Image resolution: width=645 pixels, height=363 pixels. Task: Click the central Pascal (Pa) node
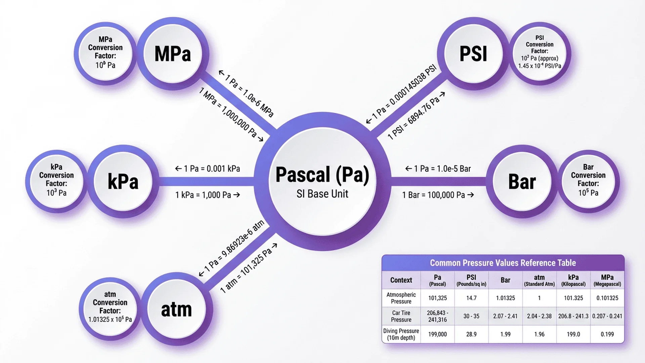(x=322, y=175)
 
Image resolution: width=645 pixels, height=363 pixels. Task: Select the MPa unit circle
(x=173, y=54)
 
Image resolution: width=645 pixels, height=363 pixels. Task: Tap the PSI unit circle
(x=473, y=54)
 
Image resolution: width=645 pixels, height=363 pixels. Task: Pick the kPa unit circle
(x=123, y=182)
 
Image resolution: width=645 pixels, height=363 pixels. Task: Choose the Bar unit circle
(x=522, y=182)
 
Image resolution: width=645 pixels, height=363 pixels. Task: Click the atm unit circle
(x=176, y=310)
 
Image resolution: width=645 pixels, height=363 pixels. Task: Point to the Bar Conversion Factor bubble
(x=588, y=180)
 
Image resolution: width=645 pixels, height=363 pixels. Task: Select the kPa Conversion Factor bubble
(x=56, y=180)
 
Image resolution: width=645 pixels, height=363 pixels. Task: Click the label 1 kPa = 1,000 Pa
(x=207, y=195)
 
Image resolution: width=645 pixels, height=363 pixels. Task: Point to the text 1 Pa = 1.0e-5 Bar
(x=438, y=169)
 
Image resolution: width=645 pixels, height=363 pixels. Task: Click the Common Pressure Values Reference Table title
(x=503, y=263)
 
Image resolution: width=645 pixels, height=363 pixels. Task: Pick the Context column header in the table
(x=401, y=280)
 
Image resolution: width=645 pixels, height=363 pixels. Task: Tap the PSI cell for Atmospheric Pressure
(x=471, y=298)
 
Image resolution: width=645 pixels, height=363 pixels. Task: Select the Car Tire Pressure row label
(x=401, y=316)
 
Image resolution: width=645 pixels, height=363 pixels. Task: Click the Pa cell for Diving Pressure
(x=437, y=334)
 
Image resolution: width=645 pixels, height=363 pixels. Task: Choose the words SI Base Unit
(x=322, y=194)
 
